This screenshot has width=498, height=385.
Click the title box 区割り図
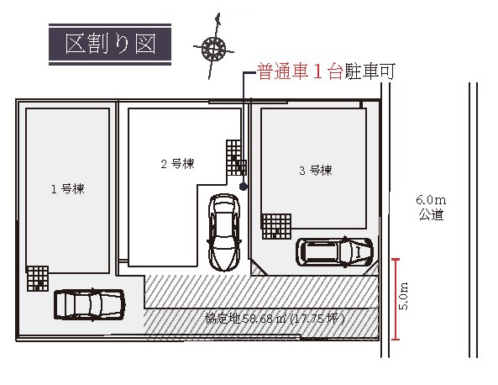pyautogui.click(x=110, y=45)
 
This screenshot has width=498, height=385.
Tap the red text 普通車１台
pyautogui.click(x=300, y=71)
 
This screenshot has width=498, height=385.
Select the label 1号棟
pyautogui.click(x=68, y=189)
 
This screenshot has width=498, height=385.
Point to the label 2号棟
pyautogui.click(x=177, y=164)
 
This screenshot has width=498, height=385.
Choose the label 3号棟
pyautogui.click(x=316, y=171)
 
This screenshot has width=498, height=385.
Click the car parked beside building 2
pyautogui.click(x=223, y=232)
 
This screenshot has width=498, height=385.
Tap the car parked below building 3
pyautogui.click(x=334, y=252)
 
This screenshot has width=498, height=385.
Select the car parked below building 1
pyautogui.click(x=89, y=304)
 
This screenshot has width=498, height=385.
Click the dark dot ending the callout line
pyautogui.click(x=244, y=187)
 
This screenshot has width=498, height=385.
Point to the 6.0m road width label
pyautogui.click(x=431, y=200)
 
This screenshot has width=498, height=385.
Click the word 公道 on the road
pyautogui.click(x=431, y=214)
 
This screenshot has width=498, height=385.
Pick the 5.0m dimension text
pyautogui.click(x=403, y=296)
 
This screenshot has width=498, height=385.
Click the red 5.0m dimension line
pyautogui.click(x=396, y=299)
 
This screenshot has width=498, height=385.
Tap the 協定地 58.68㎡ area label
pyautogui.click(x=275, y=319)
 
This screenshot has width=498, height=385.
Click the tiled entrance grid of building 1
pyautogui.click(x=38, y=278)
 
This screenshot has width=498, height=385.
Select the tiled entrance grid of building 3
pyautogui.click(x=276, y=226)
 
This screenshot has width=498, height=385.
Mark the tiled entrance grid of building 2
pyautogui.click(x=236, y=158)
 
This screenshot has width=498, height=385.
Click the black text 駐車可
pyautogui.click(x=370, y=71)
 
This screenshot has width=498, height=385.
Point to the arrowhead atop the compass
pyautogui.click(x=218, y=18)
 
